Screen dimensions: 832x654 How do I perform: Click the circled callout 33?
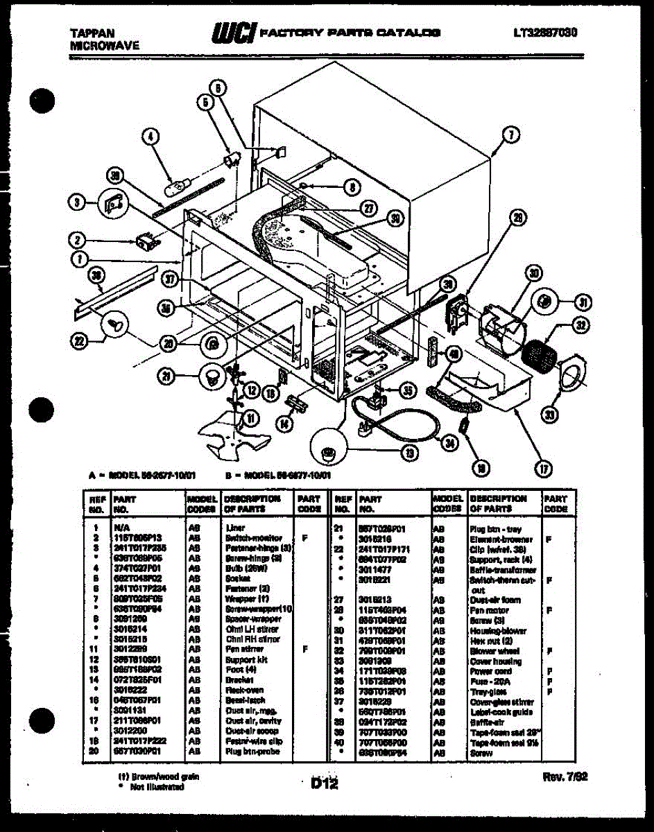(x=550, y=415)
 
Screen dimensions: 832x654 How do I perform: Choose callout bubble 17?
(x=544, y=469)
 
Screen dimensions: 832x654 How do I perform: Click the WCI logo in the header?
(x=235, y=32)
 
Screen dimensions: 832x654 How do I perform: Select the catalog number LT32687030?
(x=546, y=33)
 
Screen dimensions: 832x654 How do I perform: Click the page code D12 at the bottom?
(x=324, y=783)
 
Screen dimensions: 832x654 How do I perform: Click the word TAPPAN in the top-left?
(x=92, y=33)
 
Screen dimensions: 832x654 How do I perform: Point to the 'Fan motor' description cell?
(x=489, y=610)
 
